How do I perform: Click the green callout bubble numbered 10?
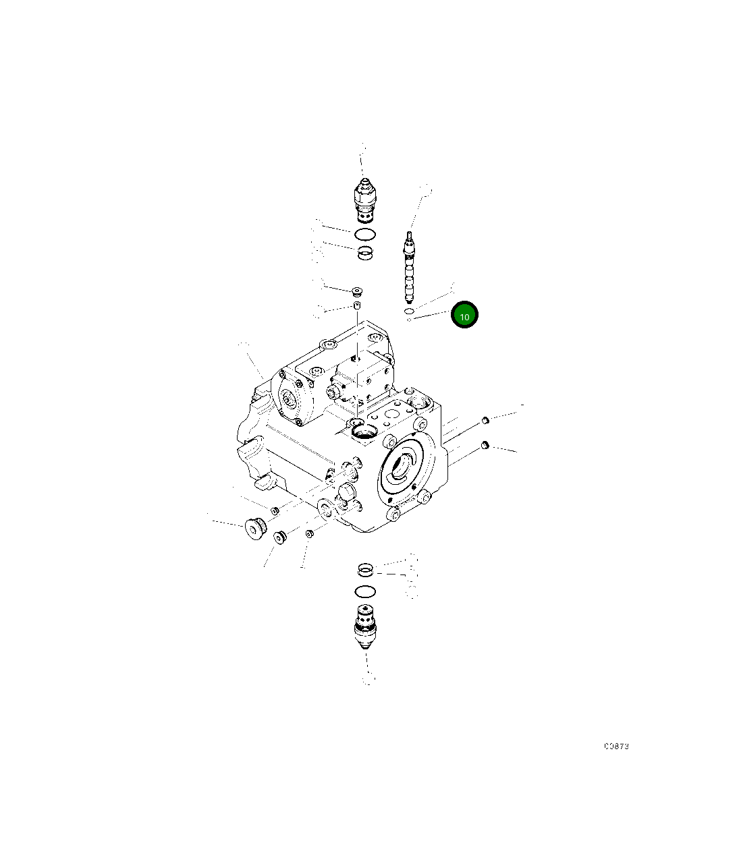(x=464, y=316)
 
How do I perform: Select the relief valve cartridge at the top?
(x=364, y=200)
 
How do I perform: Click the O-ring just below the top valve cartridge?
(x=364, y=235)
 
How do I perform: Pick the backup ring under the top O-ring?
(x=365, y=254)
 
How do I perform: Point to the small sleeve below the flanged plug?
(x=358, y=307)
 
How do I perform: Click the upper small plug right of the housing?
(x=484, y=421)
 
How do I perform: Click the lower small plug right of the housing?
(x=485, y=445)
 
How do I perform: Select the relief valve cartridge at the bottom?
(x=365, y=626)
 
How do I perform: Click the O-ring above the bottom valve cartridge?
(x=364, y=592)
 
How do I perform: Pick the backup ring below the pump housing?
(x=365, y=570)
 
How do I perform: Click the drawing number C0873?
(x=616, y=746)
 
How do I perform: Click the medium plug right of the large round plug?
(x=280, y=537)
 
